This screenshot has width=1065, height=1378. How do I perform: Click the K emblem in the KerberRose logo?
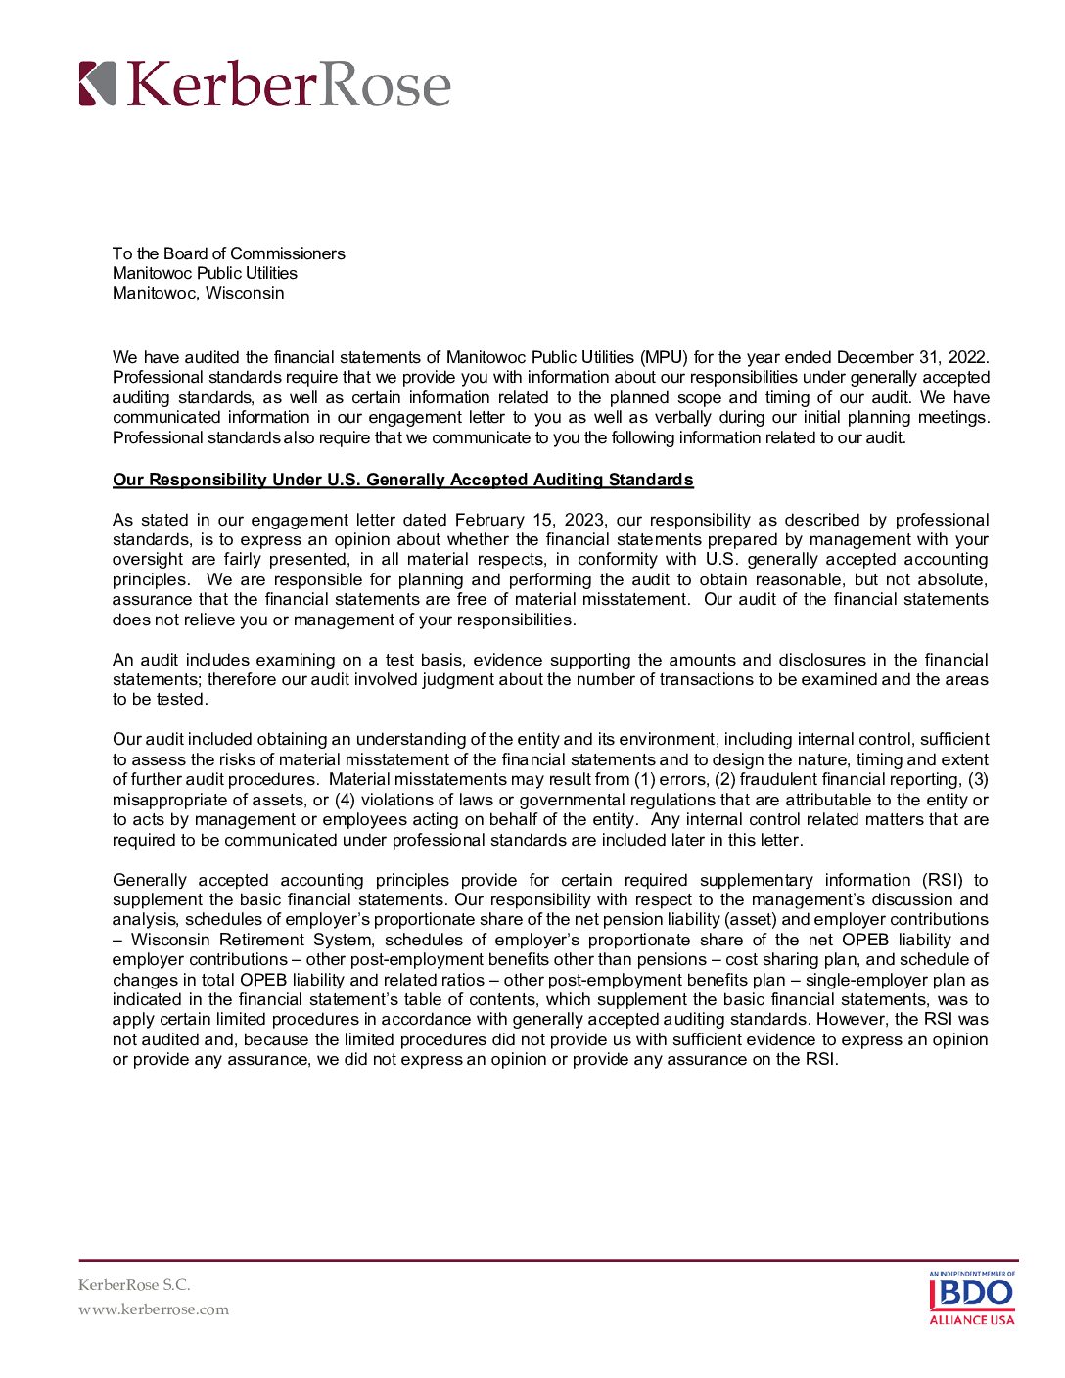click(x=97, y=83)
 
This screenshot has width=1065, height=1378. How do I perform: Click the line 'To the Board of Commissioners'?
click(x=228, y=253)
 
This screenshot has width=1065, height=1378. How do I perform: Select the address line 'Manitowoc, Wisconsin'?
click(x=198, y=293)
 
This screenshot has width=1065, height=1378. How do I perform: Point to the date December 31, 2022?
click(x=912, y=357)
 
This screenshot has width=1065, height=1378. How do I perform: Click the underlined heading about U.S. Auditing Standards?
click(x=402, y=480)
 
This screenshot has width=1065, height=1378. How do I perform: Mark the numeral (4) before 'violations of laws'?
click(x=345, y=800)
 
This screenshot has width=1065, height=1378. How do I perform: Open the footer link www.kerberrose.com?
click(x=154, y=1309)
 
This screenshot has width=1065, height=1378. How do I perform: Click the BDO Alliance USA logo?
click(x=971, y=1298)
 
